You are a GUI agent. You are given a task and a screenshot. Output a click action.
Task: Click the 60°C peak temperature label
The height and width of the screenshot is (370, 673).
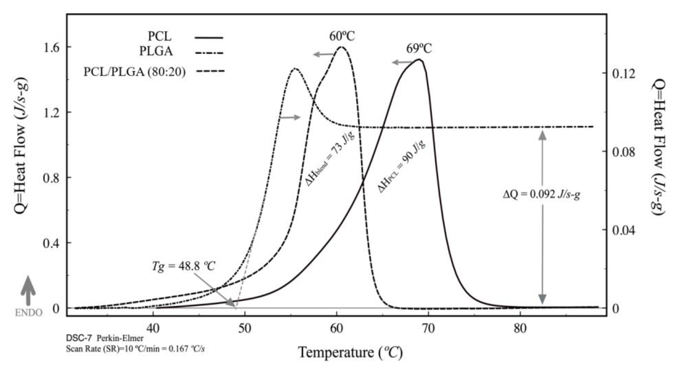point(342,36)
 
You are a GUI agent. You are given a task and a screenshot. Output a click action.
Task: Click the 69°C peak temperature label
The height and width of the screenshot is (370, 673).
point(419,49)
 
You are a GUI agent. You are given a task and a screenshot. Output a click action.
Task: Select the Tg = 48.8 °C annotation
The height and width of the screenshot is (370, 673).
point(183,266)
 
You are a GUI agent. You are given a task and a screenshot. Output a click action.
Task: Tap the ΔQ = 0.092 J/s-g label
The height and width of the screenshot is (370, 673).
point(542,194)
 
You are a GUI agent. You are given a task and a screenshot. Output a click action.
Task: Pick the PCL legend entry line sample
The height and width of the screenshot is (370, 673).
point(209,38)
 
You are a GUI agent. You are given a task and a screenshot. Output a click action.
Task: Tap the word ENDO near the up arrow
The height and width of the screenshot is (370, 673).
point(28,313)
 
